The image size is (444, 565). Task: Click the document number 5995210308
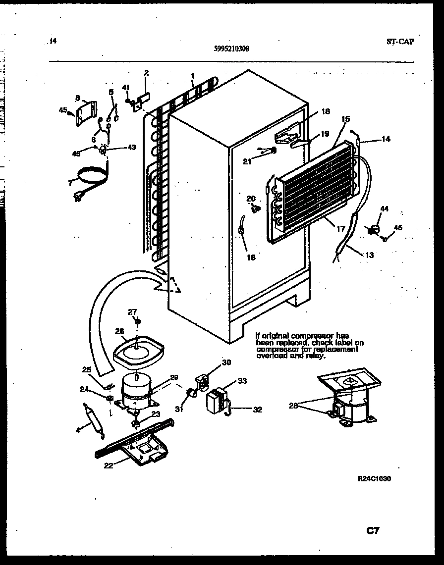[x=232, y=49]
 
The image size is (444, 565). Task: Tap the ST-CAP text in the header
[x=400, y=42]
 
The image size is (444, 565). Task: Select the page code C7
[x=373, y=531]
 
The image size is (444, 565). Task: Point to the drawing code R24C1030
[x=377, y=479]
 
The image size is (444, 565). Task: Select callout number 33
[x=242, y=381]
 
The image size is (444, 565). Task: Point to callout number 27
[x=132, y=312]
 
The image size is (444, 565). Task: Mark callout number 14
[x=386, y=140]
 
